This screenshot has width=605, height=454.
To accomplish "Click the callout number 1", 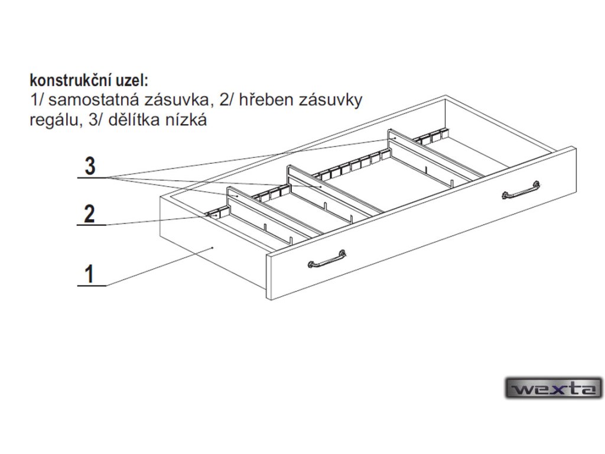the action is point(89,274).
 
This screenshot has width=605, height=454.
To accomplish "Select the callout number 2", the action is point(89,213).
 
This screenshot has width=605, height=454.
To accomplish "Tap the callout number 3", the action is point(89,166).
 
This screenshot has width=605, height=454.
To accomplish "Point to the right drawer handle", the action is point(521,191).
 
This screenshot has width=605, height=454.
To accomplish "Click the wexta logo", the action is point(553,388).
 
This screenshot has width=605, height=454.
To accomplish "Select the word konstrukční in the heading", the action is point(69,79).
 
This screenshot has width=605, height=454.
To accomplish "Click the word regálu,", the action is point(53,121).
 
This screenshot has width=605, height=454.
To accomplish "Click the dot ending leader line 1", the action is point(212,248).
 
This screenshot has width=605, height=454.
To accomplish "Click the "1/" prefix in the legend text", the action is point(35,100).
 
